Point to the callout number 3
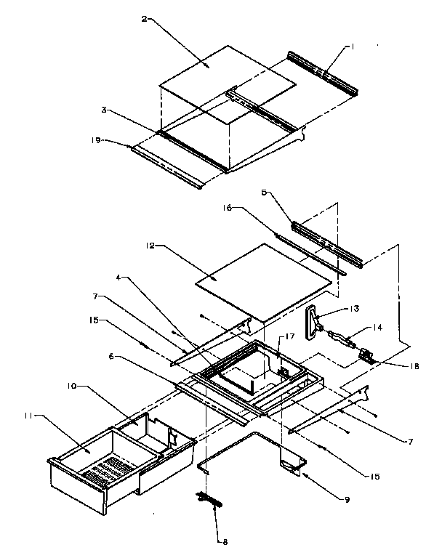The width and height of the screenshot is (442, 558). [x=105, y=110]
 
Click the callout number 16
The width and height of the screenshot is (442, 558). [x=228, y=207]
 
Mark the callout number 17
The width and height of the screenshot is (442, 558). [x=289, y=336]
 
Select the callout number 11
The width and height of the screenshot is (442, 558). [x=28, y=416]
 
